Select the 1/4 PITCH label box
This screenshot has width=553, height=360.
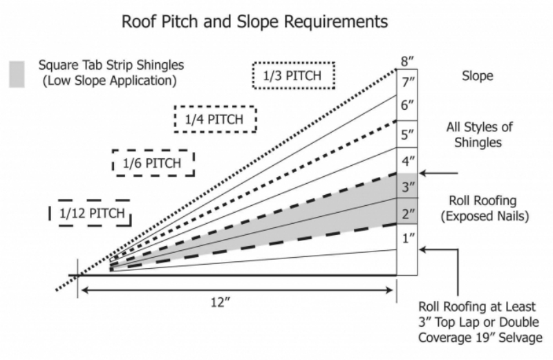click(214, 120)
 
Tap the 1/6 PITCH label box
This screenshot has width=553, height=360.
click(153, 164)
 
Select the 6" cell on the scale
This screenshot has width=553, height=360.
click(407, 106)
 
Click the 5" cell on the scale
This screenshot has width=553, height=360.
click(407, 134)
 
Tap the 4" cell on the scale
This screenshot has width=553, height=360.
click(407, 161)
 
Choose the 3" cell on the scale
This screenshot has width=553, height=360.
click(407, 186)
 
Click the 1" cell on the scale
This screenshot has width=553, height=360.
click(407, 238)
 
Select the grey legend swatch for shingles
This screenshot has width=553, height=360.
click(17, 74)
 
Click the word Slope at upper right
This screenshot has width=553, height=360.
click(478, 76)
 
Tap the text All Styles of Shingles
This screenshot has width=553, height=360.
click(478, 135)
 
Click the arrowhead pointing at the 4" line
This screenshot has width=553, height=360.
click(424, 173)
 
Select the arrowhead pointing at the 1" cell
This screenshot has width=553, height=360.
click(424, 250)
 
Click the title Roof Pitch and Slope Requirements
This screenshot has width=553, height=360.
click(255, 22)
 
